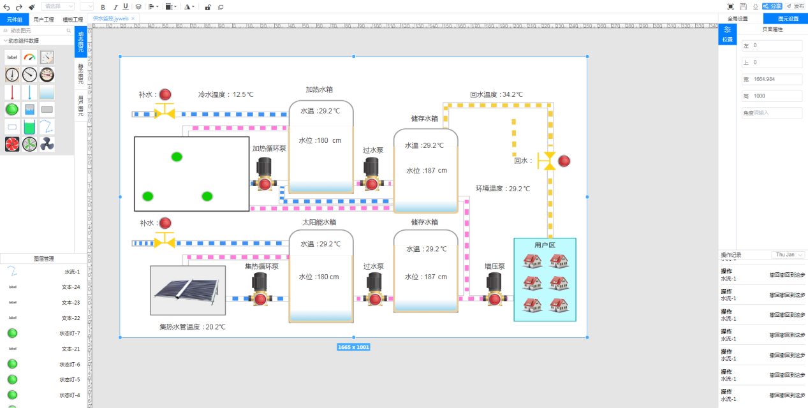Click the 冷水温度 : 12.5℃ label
226,94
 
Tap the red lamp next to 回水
564,161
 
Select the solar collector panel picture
187,290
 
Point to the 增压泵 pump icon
494,290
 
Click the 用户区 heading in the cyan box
545,245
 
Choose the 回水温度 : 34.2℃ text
496,94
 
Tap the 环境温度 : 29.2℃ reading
503,189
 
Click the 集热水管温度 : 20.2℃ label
192,327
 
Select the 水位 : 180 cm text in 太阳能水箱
319,277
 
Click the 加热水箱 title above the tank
319,89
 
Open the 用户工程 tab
44,19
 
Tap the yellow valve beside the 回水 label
547,161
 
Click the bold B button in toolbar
103,6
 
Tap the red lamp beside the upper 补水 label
165,94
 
